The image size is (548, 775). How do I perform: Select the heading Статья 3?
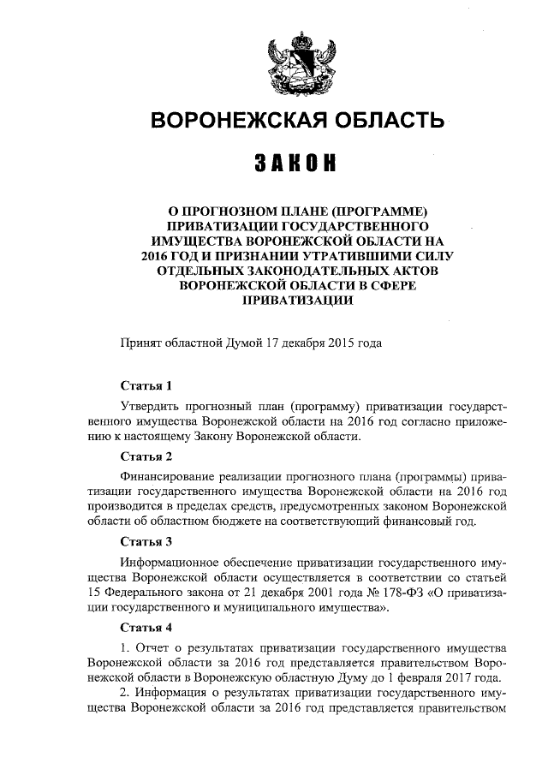click(146, 542)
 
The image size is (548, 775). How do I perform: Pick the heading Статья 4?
click(146, 629)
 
